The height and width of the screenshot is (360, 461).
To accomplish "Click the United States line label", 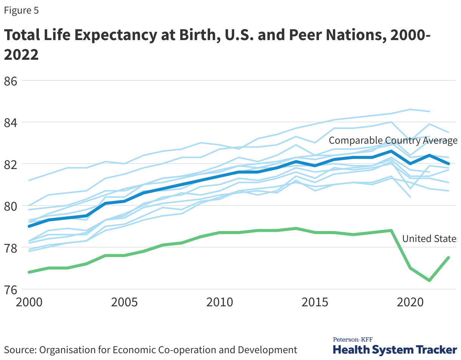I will pyautogui.click(x=430, y=239).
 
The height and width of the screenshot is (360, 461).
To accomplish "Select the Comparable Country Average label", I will pyautogui.click(x=393, y=141).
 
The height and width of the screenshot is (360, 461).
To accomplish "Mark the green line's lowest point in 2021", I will pyautogui.click(x=429, y=280).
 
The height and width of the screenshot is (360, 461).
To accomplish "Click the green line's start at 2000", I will pyautogui.click(x=29, y=272).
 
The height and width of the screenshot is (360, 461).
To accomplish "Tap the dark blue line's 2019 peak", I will pyautogui.click(x=391, y=151).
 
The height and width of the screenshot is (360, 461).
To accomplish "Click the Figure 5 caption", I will pyautogui.click(x=22, y=11).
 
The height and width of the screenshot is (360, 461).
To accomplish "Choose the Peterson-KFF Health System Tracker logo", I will pyautogui.click(x=394, y=346).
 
